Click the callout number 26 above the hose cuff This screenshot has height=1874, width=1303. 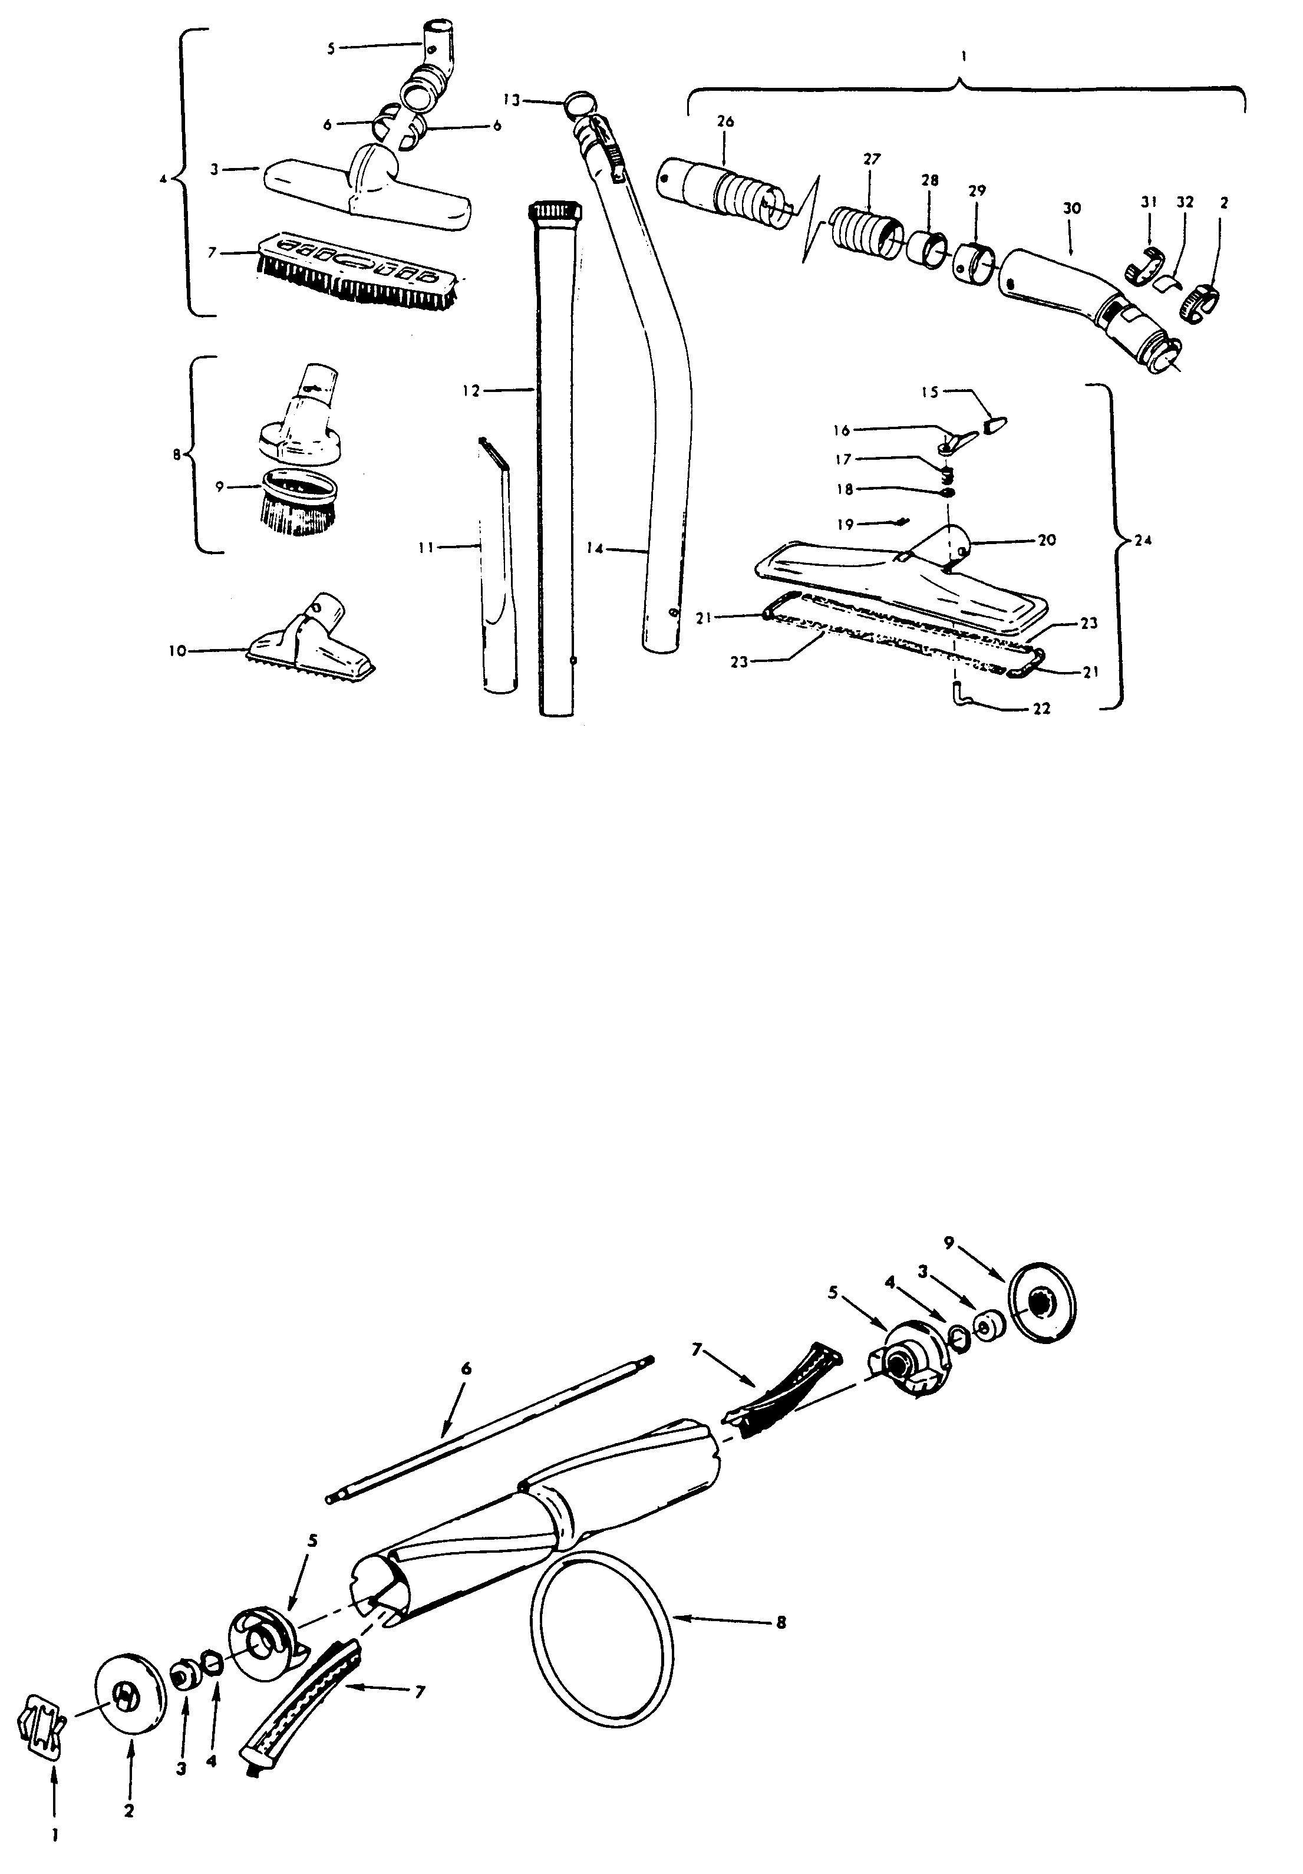point(724,121)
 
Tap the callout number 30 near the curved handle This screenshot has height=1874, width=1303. point(1071,208)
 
